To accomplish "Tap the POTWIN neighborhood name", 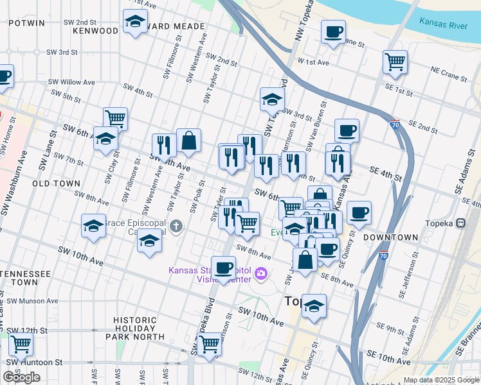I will pos(27,22).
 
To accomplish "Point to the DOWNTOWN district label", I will pos(390,237).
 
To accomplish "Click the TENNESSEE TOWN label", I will pos(26,278).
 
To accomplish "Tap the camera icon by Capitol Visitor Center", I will pos(261,274).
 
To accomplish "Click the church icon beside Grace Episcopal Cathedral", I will pos(177,226).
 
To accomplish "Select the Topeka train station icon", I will pos(460,223).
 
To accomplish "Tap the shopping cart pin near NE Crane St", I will pos(395,62).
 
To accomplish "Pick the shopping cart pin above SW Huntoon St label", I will pos(21,345).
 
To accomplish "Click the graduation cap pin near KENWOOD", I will pos(135,23).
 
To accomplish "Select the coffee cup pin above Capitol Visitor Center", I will pos(224,268).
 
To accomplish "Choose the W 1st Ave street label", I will pos(313,62).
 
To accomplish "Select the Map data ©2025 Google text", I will pos(441,380).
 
